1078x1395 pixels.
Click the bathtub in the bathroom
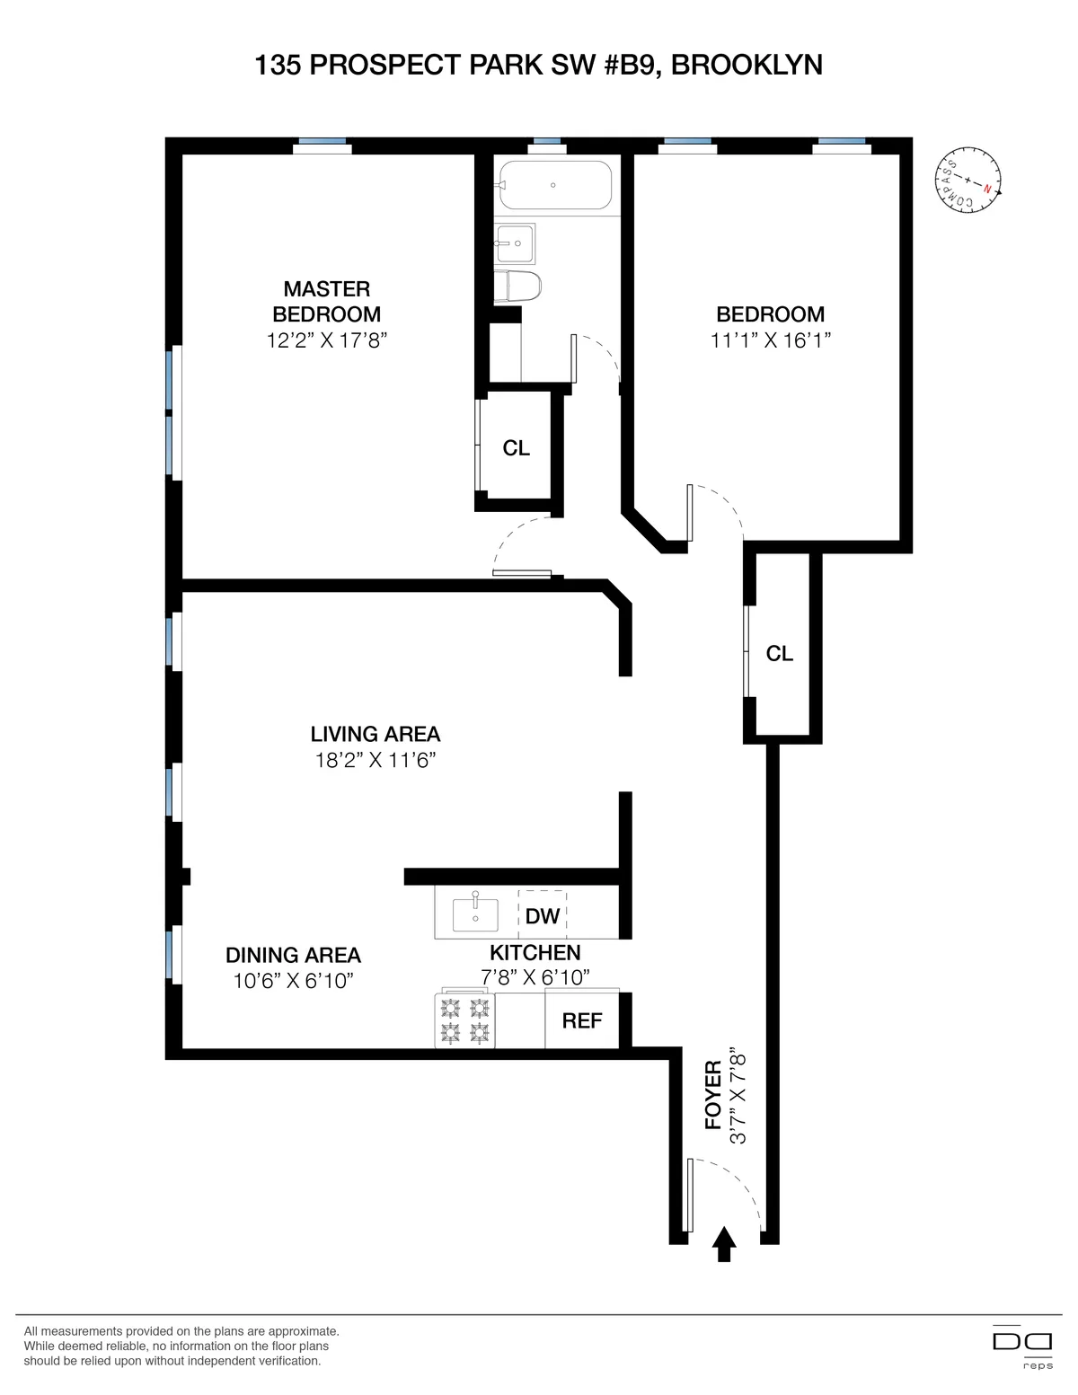coord(555,185)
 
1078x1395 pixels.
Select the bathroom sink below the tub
coord(516,243)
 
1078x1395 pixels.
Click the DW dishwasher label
coord(543,915)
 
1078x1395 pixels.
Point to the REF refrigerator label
coord(582,1020)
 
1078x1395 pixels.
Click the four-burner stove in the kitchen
coord(465,1020)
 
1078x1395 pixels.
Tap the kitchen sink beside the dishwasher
coord(475,914)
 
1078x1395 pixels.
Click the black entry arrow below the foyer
coord(724,1244)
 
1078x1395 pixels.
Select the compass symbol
coord(968,181)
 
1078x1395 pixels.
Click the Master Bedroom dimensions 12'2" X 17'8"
coord(327,340)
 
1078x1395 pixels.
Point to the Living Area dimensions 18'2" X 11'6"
coord(376,760)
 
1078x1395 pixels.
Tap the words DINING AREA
coord(293,955)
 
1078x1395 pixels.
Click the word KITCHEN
coord(535,952)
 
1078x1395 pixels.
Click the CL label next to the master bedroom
coord(517,448)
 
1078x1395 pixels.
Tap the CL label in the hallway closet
coord(780,654)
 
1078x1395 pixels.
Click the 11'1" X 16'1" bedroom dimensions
coord(771,340)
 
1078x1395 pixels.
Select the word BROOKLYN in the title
coord(747,66)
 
